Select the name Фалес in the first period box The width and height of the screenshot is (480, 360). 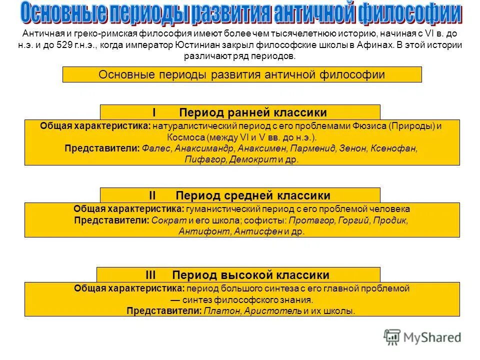[x=156, y=148]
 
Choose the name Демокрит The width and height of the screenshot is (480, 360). [x=253, y=160]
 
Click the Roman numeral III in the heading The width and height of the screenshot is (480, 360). [x=151, y=274]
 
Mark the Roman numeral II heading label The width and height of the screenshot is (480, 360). [x=153, y=195]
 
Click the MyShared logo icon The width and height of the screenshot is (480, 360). [x=392, y=336]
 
